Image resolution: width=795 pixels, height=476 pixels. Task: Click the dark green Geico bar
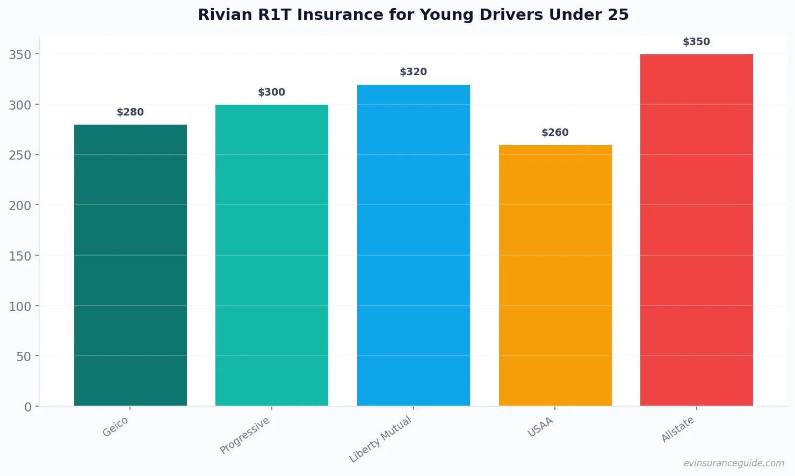point(131,265)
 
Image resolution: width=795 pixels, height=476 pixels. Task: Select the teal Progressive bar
point(272,255)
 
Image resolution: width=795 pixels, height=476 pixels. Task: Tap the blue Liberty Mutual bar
point(414,245)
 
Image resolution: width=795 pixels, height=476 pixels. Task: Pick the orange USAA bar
point(555,275)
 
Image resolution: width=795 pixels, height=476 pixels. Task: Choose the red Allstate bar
point(697,230)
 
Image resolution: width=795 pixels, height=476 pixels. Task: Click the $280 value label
point(131,112)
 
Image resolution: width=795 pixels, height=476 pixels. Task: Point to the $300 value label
point(272,92)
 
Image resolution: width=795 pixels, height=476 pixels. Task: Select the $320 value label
point(414,72)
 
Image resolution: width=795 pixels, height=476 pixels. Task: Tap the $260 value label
point(555,133)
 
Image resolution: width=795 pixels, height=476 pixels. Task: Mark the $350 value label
point(697,42)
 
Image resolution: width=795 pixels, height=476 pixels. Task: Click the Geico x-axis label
point(115,427)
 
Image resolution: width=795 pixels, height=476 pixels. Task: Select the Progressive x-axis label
point(245,436)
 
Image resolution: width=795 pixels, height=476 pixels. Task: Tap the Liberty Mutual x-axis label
point(380,439)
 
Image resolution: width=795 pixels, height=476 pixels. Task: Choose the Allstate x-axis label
point(678,430)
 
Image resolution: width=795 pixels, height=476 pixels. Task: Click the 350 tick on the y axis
point(20,54)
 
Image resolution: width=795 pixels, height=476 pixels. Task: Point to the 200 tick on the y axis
point(20,205)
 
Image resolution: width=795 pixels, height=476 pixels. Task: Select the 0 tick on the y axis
point(28,407)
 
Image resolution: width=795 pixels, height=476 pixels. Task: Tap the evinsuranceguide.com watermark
point(734,463)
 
